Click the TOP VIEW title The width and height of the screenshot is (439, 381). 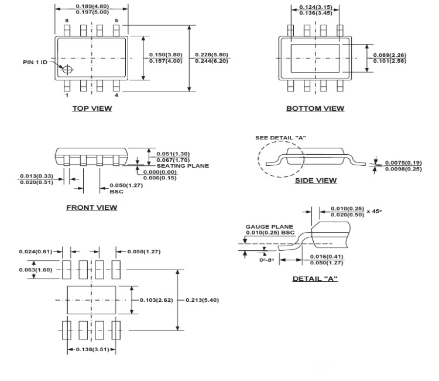(92, 108)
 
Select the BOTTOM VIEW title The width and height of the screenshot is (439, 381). (315, 108)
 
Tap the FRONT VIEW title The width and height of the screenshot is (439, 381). (91, 207)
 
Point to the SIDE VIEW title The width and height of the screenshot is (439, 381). (315, 181)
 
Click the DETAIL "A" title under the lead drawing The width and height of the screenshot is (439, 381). (315, 278)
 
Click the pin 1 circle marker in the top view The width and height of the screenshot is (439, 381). (68, 70)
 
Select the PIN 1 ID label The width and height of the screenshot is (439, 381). (35, 62)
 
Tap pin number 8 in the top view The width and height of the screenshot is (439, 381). (67, 21)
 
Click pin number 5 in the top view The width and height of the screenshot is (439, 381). (116, 21)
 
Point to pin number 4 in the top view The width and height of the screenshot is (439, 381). (116, 95)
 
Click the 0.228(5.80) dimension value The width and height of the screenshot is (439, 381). (211, 55)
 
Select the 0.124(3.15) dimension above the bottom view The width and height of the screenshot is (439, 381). (315, 7)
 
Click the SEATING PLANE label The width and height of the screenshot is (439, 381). (183, 166)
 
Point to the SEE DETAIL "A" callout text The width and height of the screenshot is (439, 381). (281, 138)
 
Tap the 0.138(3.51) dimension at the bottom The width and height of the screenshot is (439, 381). (91, 349)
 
